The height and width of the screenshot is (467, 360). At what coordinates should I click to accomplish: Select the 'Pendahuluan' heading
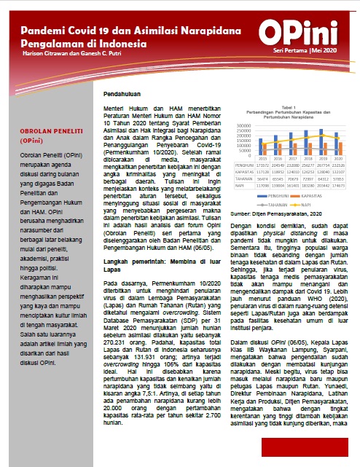(120, 95)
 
